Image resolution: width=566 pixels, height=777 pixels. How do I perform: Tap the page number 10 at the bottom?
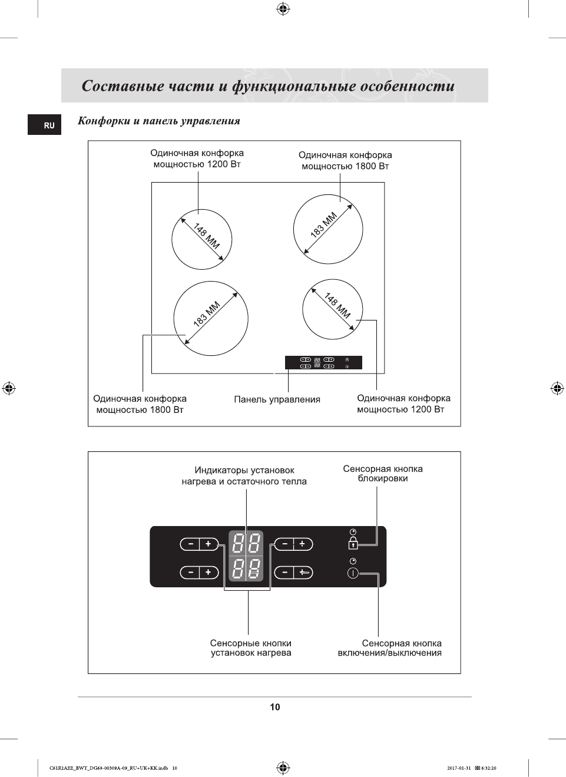click(275, 707)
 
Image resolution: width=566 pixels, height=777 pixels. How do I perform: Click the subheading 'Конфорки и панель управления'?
click(159, 121)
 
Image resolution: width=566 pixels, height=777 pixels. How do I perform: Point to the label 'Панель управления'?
click(277, 399)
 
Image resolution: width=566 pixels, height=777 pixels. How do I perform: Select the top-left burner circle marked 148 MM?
click(201, 240)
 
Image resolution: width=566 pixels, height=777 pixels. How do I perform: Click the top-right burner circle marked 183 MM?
click(328, 229)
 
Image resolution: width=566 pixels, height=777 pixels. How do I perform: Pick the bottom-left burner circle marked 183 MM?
click(210, 318)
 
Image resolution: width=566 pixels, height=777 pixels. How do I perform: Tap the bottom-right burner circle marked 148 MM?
click(332, 309)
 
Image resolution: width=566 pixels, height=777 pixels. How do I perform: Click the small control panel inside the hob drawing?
click(323, 362)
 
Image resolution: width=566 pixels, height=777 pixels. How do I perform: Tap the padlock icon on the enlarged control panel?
click(353, 543)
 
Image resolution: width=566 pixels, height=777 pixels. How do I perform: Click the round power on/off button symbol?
click(353, 573)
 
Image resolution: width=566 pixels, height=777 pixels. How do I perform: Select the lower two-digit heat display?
click(246, 568)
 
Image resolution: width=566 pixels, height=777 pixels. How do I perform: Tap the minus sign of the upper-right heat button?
click(285, 544)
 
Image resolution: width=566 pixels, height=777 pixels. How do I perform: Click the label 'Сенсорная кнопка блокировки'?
click(383, 474)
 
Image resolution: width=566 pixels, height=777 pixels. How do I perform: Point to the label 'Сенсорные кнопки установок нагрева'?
click(251, 648)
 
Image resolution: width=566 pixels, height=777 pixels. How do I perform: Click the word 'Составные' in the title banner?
click(123, 86)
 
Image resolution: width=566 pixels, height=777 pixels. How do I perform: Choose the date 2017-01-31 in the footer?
click(459, 768)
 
